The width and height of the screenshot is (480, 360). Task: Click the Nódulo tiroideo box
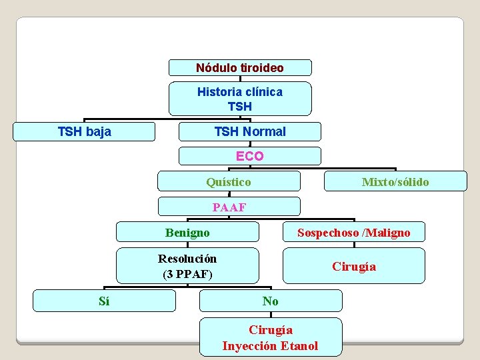click(240, 68)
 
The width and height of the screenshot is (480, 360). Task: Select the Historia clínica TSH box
click(240, 99)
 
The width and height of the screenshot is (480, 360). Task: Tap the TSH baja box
click(85, 131)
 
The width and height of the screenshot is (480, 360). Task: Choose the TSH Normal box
click(250, 131)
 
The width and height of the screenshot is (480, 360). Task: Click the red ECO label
click(250, 156)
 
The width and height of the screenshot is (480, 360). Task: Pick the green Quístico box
click(229, 181)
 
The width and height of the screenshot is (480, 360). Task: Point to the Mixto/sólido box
click(395, 181)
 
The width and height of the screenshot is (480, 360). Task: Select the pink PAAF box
click(229, 207)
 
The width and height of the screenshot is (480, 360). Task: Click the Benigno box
click(187, 232)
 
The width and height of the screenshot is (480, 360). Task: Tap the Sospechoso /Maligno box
click(354, 232)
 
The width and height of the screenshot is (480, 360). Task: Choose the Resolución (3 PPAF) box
click(187, 266)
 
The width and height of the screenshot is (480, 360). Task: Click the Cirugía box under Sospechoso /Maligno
click(354, 266)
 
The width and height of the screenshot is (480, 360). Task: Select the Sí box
click(104, 301)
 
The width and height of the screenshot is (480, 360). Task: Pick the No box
click(271, 301)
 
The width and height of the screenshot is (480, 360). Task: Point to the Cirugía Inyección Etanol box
click(271, 337)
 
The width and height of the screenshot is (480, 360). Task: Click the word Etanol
click(299, 345)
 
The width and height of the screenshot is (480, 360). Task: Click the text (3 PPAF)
click(187, 273)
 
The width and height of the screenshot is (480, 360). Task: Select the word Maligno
click(387, 232)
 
